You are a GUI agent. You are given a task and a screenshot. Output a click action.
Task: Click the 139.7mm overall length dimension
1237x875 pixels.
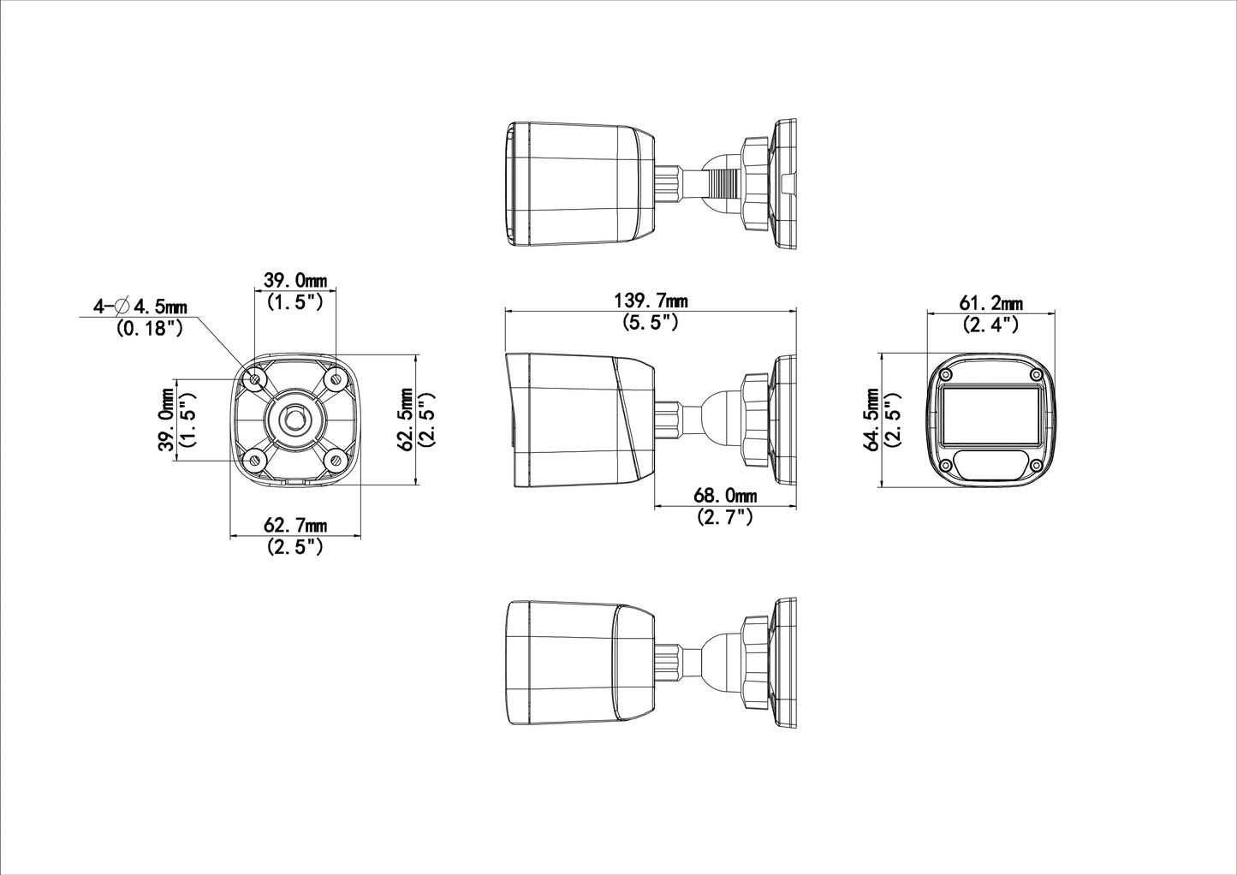(651, 301)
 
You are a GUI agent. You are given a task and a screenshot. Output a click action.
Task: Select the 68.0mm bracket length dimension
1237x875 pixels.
(725, 496)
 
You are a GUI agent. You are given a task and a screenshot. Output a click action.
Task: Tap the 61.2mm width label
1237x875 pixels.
(990, 303)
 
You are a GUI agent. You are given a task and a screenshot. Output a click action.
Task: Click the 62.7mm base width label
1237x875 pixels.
(295, 525)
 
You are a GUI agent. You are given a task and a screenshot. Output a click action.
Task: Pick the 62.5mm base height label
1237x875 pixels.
(407, 420)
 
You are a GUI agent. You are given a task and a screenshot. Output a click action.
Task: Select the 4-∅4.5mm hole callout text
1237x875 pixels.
(140, 306)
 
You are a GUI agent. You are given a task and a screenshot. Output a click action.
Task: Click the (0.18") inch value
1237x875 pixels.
(149, 328)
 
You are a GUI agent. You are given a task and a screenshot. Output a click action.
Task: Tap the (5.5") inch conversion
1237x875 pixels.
(650, 322)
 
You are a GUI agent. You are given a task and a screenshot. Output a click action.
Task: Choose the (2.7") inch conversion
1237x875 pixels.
(725, 517)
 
